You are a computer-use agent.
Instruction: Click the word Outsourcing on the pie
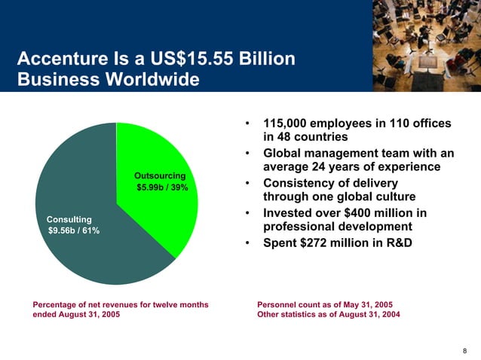tap(160, 175)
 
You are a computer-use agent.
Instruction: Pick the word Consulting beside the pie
tap(69, 218)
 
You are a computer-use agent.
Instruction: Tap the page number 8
tap(464, 349)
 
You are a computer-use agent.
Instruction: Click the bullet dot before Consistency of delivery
tap(247, 183)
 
